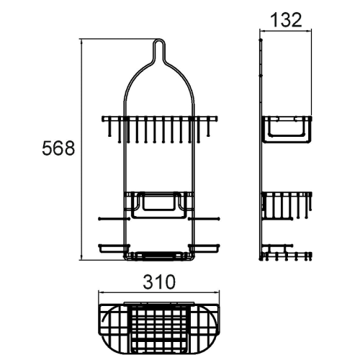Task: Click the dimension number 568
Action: click(58, 149)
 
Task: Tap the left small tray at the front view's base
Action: click(112, 248)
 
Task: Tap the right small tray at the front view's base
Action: click(204, 248)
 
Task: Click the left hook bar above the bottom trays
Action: click(112, 217)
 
